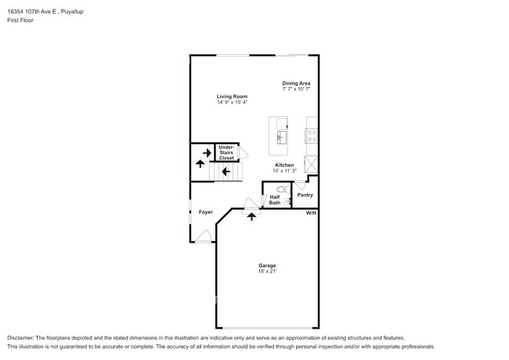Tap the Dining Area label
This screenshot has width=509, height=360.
point(296,83)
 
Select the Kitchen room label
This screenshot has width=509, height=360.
point(283,164)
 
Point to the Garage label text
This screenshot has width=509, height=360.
point(267,265)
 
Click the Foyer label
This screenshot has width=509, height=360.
point(205,212)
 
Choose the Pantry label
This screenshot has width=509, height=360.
point(305,195)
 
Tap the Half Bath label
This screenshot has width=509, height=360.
point(275,200)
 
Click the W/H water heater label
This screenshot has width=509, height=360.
point(311,213)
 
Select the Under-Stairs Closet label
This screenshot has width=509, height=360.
point(226,153)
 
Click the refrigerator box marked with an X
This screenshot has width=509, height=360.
point(311,164)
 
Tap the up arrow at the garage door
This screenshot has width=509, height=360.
point(251,215)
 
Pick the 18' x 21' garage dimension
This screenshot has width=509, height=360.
point(267,272)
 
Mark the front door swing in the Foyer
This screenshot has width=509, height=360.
point(204,236)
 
